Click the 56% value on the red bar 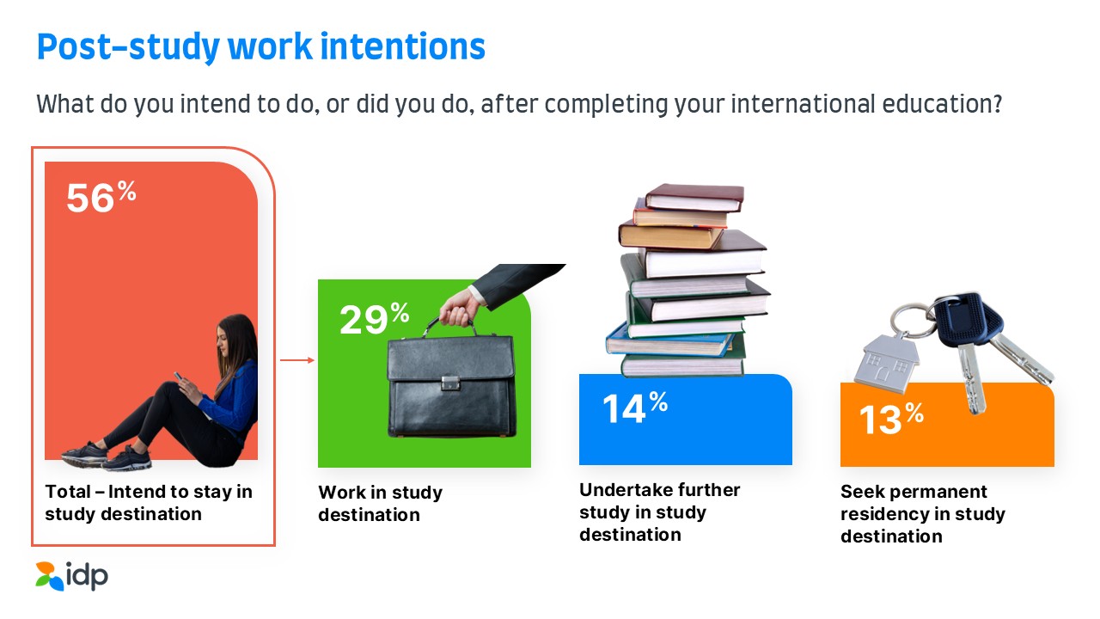(x=101, y=197)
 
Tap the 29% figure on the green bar (x=374, y=318)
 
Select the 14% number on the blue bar (x=635, y=408)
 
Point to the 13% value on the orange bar (x=891, y=418)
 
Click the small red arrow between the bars (x=297, y=360)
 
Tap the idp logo (x=71, y=576)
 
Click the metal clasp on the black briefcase (x=450, y=383)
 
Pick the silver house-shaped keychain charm (x=887, y=363)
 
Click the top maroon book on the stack (x=694, y=198)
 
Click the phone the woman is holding (x=178, y=377)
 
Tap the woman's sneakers (x=107, y=457)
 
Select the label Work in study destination (x=380, y=504)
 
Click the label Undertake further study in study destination (x=659, y=512)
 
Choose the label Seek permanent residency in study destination (x=923, y=514)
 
